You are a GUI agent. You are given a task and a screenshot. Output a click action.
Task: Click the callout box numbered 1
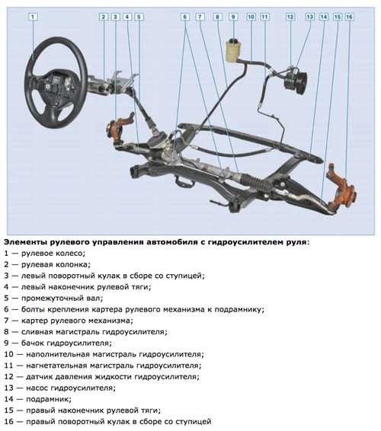tap(33, 17)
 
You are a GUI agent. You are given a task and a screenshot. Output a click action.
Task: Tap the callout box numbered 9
tap(233, 17)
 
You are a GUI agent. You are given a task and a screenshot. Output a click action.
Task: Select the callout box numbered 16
tap(349, 17)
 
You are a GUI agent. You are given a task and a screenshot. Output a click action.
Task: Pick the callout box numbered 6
tap(185, 17)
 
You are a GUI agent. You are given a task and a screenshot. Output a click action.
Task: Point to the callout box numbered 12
tap(290, 17)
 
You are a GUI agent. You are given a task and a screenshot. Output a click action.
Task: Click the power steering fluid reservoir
tap(233, 50)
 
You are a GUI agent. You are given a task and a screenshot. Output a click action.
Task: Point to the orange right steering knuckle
tap(342, 187)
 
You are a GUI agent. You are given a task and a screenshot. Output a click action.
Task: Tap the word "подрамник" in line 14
tap(49, 399)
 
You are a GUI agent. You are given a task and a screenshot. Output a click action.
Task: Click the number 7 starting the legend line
tap(7, 321)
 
